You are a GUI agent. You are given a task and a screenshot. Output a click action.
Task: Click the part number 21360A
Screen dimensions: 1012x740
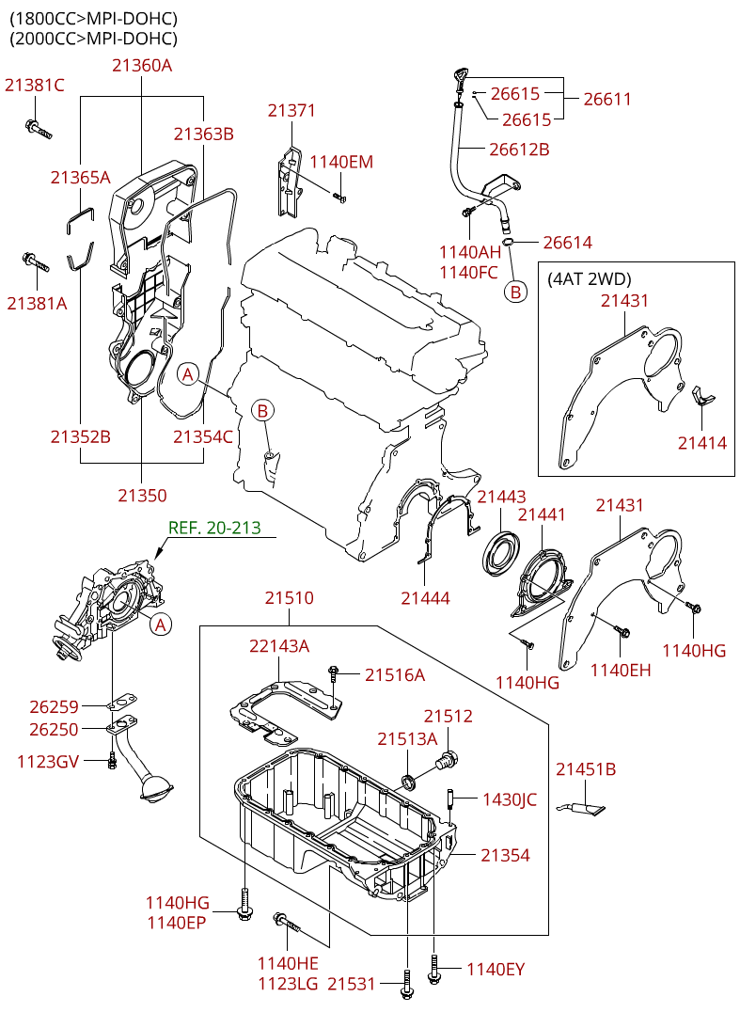coord(142,65)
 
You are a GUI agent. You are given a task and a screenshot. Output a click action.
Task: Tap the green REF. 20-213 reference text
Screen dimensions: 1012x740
coord(213,528)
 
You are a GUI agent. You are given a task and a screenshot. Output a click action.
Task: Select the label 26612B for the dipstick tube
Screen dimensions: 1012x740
coord(518,149)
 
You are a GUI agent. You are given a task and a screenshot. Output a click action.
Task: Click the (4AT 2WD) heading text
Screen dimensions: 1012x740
coord(589,278)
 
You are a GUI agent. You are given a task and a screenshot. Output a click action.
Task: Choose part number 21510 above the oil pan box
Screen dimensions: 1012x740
coord(289,597)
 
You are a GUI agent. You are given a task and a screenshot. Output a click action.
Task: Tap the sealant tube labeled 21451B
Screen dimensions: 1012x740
coord(584,806)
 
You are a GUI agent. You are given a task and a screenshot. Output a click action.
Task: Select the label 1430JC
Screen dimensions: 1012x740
coord(509,799)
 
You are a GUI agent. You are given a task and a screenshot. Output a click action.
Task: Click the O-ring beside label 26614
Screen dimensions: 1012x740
coord(509,243)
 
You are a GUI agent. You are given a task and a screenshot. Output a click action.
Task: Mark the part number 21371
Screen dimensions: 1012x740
coord(291,110)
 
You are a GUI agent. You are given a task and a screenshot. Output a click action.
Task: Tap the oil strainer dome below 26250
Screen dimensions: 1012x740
coord(157,788)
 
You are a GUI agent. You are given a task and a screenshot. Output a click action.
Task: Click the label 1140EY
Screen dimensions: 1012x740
coord(495,969)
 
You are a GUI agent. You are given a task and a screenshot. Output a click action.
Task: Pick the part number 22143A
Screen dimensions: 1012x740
coord(279,645)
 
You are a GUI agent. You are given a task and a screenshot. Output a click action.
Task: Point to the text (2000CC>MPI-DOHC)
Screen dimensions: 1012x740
coord(93,39)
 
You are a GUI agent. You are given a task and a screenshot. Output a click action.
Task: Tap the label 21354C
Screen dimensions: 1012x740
coord(202,436)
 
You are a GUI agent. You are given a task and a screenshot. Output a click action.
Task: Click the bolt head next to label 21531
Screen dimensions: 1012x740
coord(405,988)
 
